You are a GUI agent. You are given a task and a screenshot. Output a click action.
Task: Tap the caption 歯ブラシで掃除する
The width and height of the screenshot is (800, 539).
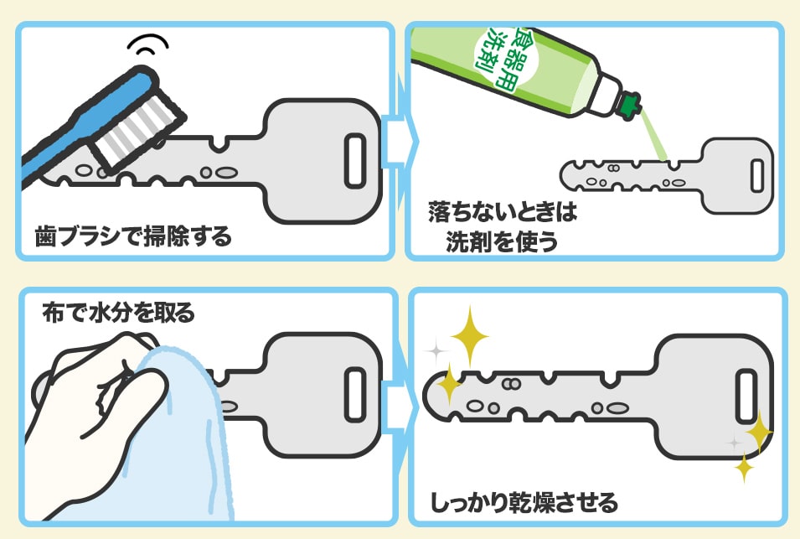133,237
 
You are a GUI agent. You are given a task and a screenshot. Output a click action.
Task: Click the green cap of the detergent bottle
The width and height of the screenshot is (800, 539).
631,106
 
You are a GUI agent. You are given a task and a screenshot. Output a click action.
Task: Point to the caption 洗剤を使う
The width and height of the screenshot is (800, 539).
502,241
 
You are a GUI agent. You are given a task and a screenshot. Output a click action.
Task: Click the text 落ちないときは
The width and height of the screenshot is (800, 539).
503,211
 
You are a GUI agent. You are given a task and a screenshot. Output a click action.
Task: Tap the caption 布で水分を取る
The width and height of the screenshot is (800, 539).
119,313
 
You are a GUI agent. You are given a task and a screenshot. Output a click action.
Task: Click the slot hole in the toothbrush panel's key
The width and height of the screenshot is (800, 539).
355,161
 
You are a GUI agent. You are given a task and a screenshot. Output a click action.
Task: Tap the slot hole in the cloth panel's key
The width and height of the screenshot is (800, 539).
355,395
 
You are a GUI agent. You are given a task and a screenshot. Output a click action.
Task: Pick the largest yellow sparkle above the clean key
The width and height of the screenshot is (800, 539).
469,335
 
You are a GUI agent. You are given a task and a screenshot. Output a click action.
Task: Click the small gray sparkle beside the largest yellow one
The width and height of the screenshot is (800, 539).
436,351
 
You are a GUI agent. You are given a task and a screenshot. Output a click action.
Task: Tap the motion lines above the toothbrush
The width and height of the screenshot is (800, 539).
148,44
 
